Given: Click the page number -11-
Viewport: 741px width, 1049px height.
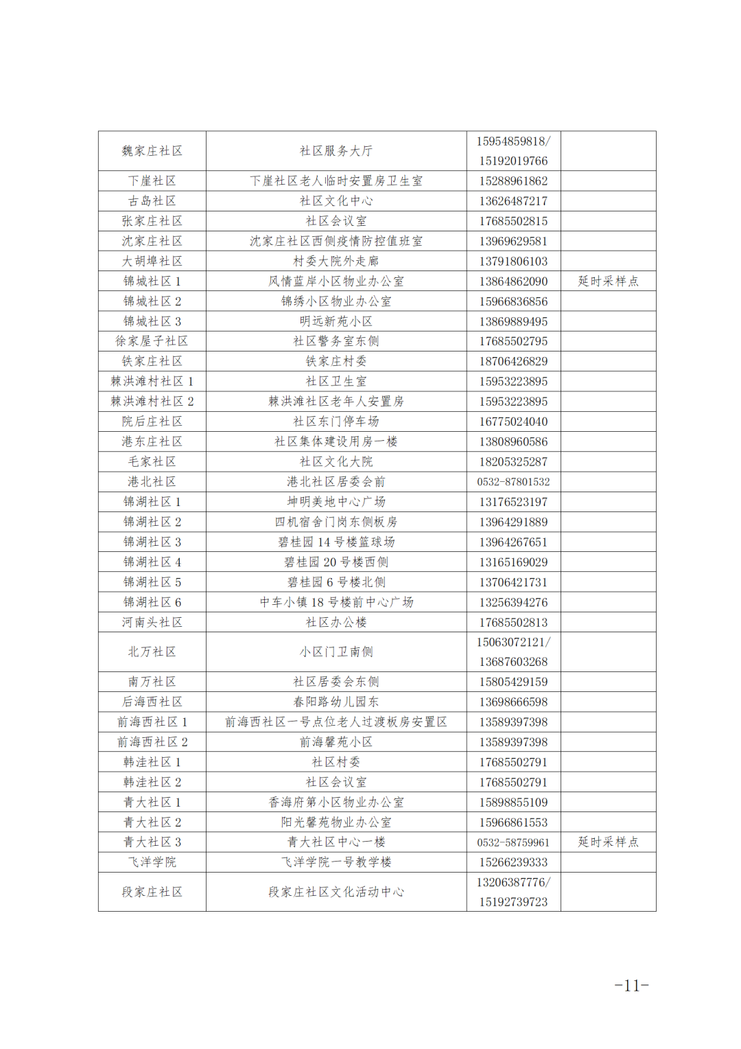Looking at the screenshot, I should (x=631, y=986).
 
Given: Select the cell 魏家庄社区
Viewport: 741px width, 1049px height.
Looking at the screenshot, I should (x=152, y=151).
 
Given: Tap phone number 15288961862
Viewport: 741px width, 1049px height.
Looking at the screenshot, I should (x=513, y=181).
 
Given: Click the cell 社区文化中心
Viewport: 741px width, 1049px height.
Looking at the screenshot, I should (x=336, y=201).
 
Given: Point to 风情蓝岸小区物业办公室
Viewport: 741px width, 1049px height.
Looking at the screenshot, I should (x=336, y=281).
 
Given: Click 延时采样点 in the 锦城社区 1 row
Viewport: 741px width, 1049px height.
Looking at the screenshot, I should (x=608, y=281).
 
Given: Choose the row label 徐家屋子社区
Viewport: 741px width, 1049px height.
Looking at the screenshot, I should (x=152, y=341).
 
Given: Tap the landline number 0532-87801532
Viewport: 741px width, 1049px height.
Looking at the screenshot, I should (x=513, y=482).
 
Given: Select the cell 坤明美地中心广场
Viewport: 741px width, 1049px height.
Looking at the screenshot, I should (x=336, y=502).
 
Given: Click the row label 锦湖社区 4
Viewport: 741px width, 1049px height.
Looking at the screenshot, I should (x=152, y=562).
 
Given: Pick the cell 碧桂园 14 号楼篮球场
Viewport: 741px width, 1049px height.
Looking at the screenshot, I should (x=336, y=542).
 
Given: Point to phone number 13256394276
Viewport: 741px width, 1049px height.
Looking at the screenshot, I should (x=513, y=602).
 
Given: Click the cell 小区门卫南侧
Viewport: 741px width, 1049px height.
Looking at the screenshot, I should (x=336, y=652).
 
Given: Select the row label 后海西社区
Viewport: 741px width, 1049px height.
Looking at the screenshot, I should (x=152, y=702).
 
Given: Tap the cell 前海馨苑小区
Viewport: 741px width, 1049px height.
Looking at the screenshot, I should (x=336, y=742).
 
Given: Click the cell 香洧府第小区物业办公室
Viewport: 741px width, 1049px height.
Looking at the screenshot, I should (x=336, y=802).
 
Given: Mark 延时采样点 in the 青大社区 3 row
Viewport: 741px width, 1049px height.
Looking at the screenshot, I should (x=608, y=842).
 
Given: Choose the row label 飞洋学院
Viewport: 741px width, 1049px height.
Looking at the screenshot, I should (x=152, y=862).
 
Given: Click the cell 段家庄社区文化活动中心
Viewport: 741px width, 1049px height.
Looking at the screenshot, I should (x=336, y=892).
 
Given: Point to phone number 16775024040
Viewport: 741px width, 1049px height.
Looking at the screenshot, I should (x=513, y=422).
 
